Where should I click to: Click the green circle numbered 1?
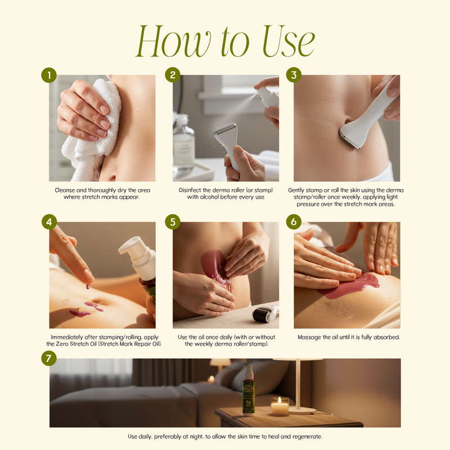49,75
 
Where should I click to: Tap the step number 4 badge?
49,222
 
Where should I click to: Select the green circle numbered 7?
49,358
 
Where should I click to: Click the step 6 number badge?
294,222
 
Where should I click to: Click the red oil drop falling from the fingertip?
88,286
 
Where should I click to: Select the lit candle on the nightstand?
280,406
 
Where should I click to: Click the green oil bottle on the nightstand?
248,390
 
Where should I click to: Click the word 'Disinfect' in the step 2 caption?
190,190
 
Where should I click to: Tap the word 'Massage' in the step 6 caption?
308,337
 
